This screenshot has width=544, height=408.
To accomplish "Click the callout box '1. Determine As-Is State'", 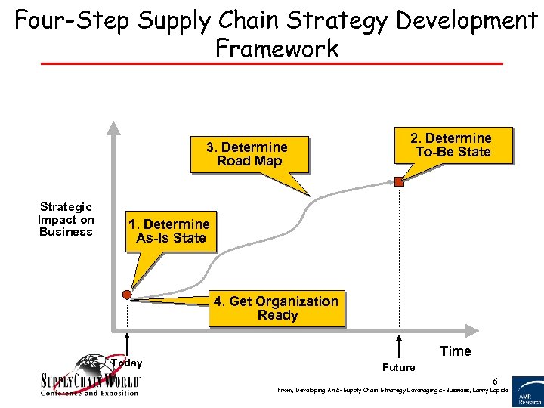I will (x=169, y=231).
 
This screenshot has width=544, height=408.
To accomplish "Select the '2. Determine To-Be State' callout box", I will (x=451, y=145).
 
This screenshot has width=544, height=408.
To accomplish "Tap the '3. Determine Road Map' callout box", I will (x=249, y=154).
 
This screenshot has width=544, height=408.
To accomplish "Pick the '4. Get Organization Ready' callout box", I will (x=277, y=308).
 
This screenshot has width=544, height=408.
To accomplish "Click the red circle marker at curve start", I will (x=127, y=295).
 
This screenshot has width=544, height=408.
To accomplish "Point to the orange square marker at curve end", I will (x=399, y=181).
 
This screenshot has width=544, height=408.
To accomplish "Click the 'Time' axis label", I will (x=455, y=351).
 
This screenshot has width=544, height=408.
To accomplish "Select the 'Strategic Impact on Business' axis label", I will (x=66, y=219).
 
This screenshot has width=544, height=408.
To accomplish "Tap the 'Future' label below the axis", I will (x=398, y=368).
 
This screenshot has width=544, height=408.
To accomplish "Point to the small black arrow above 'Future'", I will (x=399, y=349).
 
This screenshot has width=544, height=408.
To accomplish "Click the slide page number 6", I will (x=496, y=380).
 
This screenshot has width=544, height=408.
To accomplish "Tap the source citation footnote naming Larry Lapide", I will (x=392, y=391).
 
